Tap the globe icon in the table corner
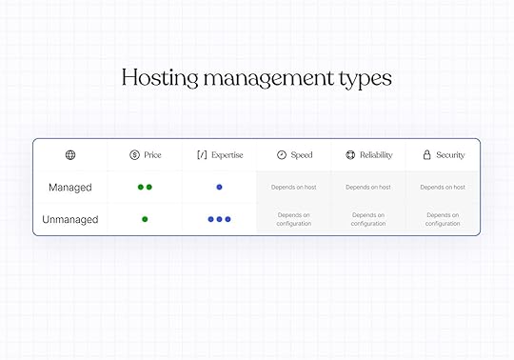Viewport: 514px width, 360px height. pos(70,155)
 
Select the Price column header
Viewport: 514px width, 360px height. pos(145,155)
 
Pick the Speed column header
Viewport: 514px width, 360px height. pos(294,155)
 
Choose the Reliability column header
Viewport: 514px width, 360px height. pos(368,155)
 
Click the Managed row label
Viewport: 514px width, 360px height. pos(70,188)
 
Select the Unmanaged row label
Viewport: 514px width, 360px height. pos(70,219)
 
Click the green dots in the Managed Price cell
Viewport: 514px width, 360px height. pos(145,188)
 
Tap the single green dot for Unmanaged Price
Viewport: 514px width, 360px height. pos(145,219)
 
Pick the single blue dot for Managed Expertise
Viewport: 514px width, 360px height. pos(219,188)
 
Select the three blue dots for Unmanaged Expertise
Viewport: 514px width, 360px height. pos(219,219)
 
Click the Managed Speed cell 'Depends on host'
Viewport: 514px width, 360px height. pos(294,188)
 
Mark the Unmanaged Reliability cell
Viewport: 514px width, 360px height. pos(368,219)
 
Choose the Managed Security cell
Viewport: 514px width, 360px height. pos(443,188)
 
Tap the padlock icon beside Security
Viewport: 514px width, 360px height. pos(426,155)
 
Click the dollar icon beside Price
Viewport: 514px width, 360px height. pos(134,155)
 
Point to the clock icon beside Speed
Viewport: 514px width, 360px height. pos(282,155)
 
